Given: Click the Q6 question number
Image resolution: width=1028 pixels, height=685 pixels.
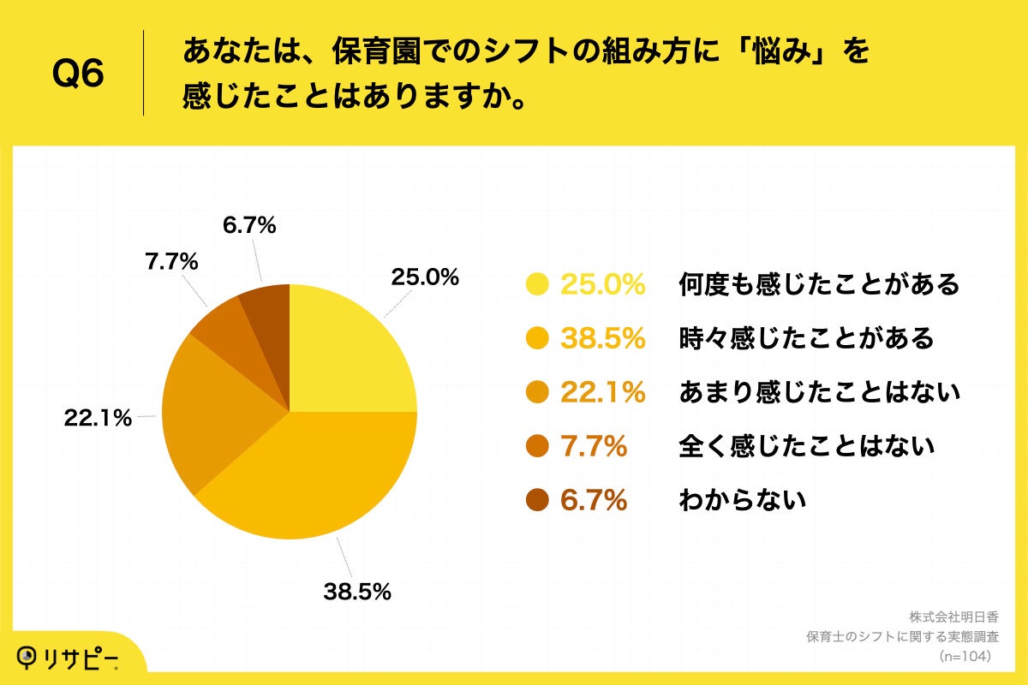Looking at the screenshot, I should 78,74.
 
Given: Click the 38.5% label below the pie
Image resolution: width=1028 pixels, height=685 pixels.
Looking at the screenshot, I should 357,591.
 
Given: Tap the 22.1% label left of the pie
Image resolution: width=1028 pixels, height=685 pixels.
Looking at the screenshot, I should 98,418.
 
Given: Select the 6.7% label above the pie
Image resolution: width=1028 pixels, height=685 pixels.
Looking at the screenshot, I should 248,226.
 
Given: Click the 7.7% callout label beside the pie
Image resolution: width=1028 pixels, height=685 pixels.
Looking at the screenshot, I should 171,262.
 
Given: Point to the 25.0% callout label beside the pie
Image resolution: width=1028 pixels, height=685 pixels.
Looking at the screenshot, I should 425,277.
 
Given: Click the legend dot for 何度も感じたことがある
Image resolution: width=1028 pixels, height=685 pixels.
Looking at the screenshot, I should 538,284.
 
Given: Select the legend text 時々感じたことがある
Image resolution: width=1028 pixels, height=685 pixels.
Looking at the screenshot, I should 805,338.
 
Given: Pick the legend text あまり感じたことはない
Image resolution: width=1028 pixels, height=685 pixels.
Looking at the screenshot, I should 819,392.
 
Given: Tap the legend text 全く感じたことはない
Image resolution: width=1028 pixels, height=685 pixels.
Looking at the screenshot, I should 805,446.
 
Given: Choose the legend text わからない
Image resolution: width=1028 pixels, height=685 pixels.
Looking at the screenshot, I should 742,500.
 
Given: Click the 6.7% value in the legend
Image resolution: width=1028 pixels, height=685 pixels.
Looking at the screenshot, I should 594,500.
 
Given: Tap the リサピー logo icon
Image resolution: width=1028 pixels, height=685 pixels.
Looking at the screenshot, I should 30,658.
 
